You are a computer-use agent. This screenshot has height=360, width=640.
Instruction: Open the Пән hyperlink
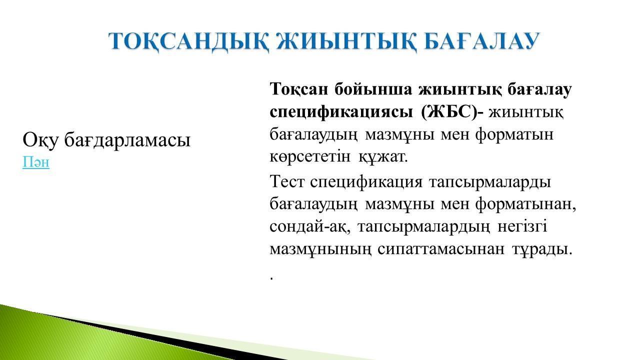tap(36, 162)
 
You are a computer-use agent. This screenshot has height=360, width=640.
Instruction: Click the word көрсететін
tap(310, 157)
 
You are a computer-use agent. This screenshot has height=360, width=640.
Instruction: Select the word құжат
tap(383, 157)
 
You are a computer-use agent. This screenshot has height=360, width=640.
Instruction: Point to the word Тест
tap(286, 181)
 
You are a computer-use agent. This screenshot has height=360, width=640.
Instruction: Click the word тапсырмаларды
tap(489, 182)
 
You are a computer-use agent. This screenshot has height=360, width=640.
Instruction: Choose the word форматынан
tap(525, 204)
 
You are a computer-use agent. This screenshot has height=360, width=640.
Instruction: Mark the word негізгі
tap(522, 227)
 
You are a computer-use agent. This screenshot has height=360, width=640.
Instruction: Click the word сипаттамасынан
tap(441, 249)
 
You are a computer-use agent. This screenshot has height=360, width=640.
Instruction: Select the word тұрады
tap(542, 249)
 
